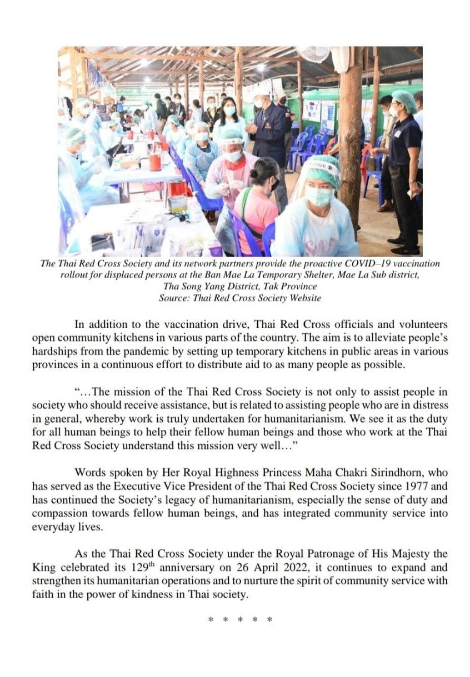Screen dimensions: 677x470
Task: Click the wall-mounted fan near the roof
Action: [315, 54]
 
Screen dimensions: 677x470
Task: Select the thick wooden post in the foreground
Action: [351, 150]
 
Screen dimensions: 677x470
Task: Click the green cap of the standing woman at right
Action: [404, 100]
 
